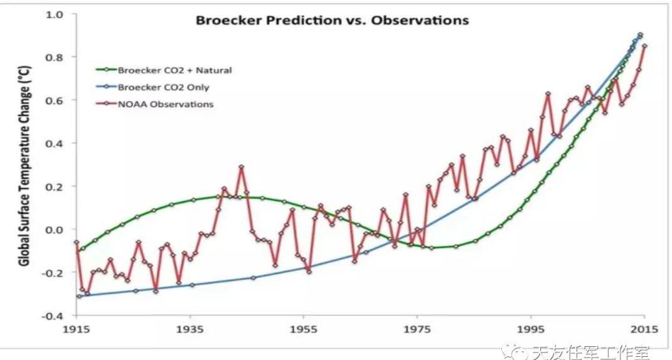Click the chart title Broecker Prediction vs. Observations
pos(332,20)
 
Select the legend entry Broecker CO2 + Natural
pos(174,70)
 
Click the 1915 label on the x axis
pos(76,331)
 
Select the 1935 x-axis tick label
pos(190,331)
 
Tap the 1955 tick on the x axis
pos(304,331)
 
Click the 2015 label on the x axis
pos(644,331)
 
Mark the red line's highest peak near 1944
pos(241,167)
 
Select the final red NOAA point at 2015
pos(644,46)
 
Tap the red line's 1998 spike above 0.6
pos(548,94)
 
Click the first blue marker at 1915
pos(79,296)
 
